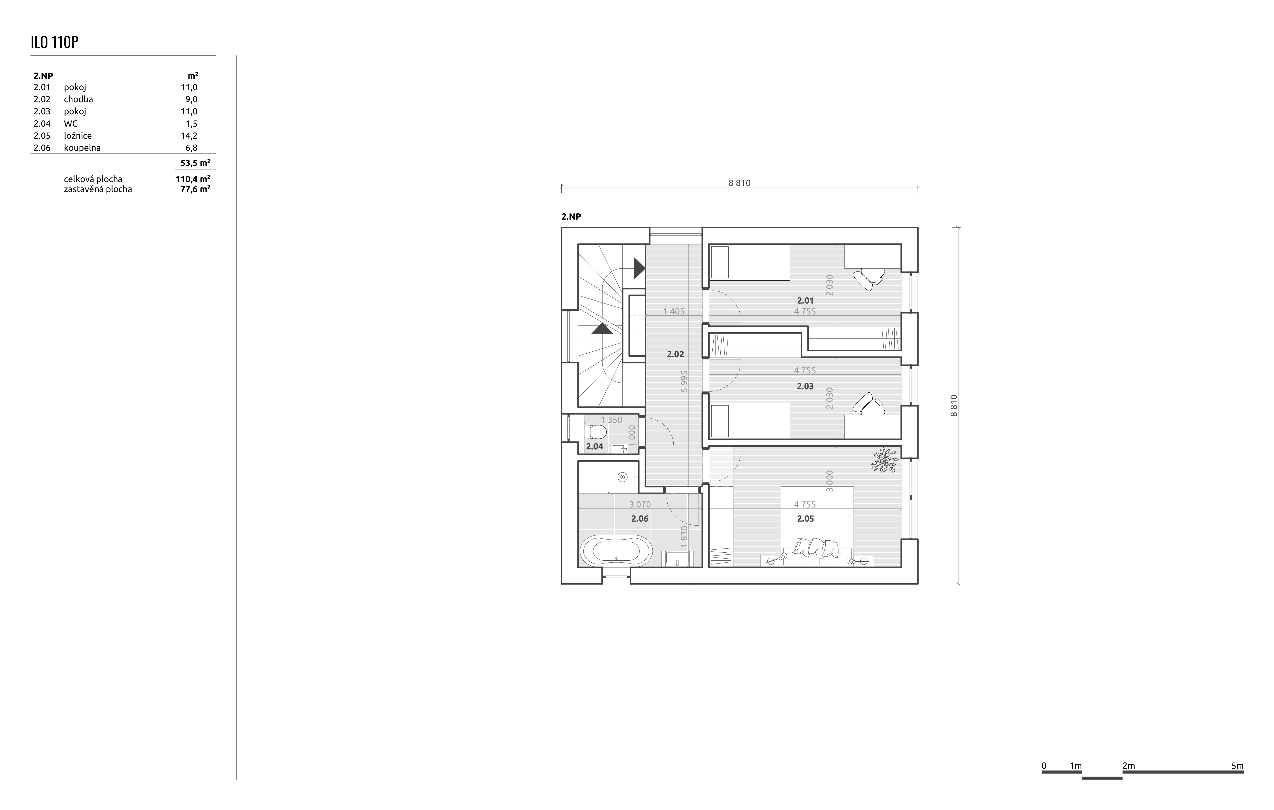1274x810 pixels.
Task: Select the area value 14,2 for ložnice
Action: tap(189, 135)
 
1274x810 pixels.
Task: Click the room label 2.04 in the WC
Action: tap(594, 447)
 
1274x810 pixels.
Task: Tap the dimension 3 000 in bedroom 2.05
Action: tap(829, 481)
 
